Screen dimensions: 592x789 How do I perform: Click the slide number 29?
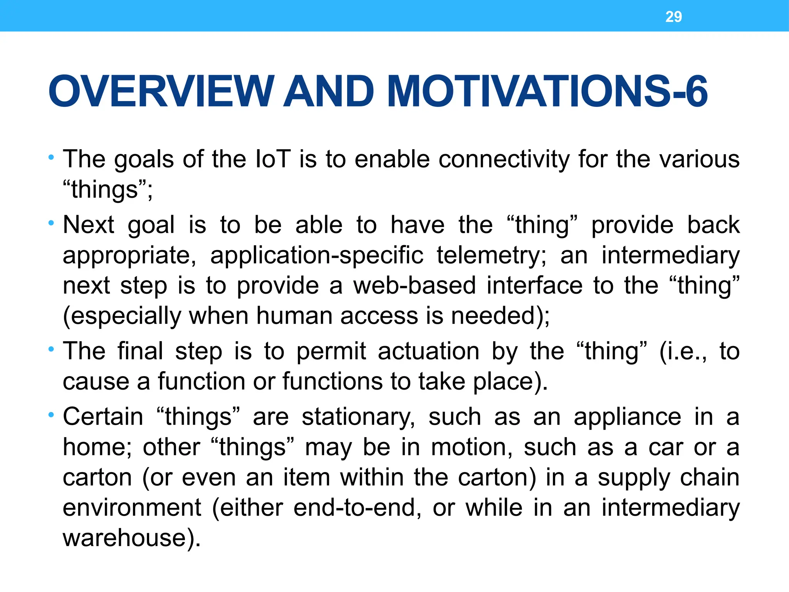pyautogui.click(x=673, y=17)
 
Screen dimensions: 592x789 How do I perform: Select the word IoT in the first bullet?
pyautogui.click(x=273, y=159)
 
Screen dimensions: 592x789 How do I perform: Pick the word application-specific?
pyautogui.click(x=317, y=256)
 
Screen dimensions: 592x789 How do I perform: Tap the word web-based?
pyautogui.click(x=415, y=286)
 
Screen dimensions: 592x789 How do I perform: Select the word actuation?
pyautogui.click(x=428, y=351)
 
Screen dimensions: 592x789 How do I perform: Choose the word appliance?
pyautogui.click(x=627, y=417)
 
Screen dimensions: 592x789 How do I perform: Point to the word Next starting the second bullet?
pyautogui.click(x=89, y=225)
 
